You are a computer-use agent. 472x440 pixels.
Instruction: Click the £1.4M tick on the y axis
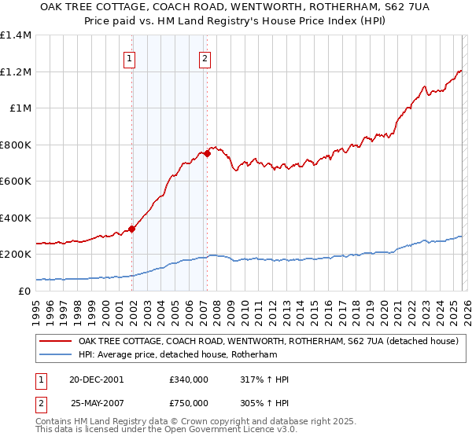point(16,35)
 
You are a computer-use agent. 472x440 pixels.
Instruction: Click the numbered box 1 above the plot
point(129,57)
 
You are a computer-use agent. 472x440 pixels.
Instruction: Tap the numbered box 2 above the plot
point(205,57)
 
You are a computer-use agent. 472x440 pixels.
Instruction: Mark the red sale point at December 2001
point(132,229)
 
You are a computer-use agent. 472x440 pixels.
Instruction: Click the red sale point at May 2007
point(207,154)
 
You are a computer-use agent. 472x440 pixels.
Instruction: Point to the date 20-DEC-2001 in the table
point(97,379)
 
